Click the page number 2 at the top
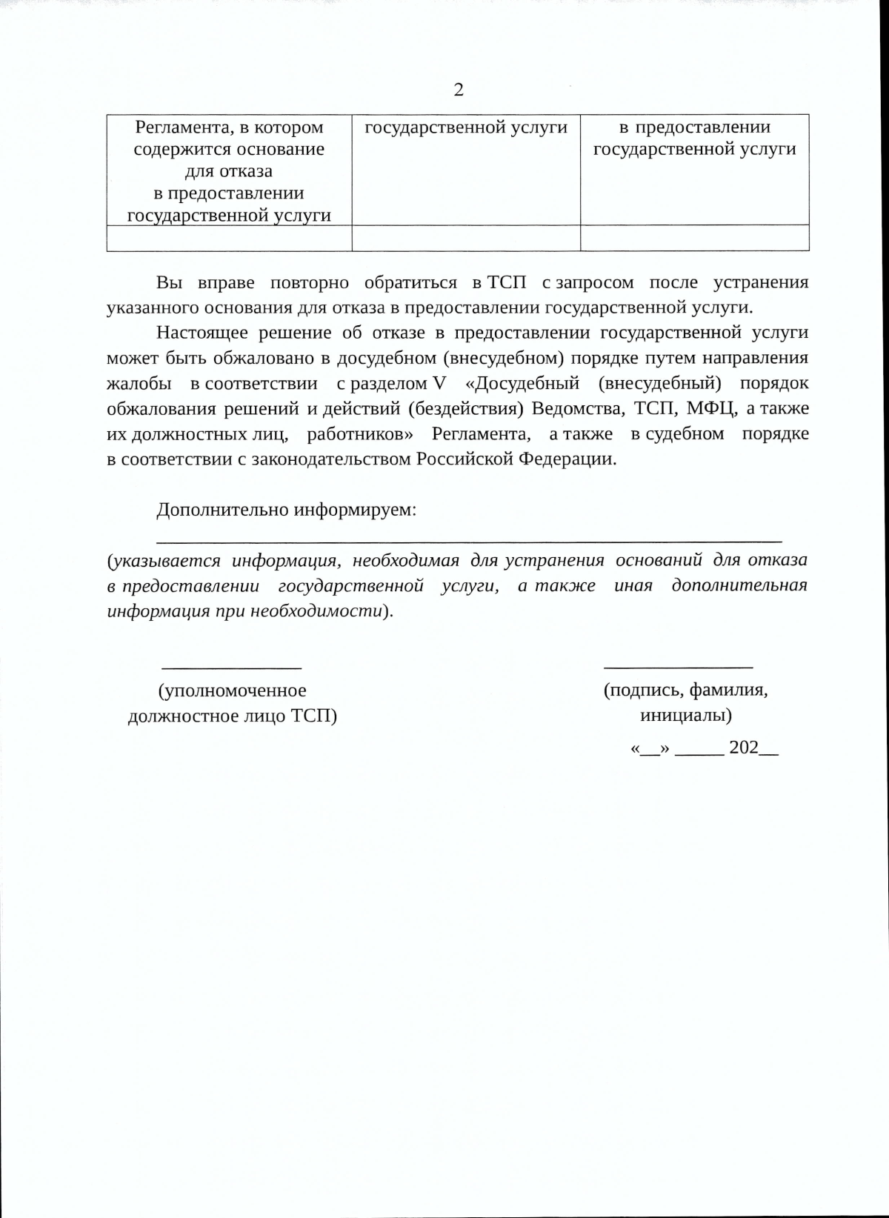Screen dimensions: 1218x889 click(459, 90)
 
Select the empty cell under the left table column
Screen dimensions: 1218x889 click(229, 238)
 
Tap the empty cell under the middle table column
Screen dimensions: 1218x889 click(465, 238)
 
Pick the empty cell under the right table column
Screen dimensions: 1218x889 click(694, 238)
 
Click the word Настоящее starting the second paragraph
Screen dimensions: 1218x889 click(202, 333)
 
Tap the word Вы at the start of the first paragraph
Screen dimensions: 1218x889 click(169, 282)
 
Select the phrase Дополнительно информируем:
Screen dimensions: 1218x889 click(286, 510)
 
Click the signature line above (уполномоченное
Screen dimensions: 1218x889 click(231, 668)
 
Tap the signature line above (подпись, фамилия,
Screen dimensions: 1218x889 click(678, 668)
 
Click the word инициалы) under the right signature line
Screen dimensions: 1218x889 click(685, 716)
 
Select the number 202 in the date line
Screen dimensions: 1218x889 click(744, 748)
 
